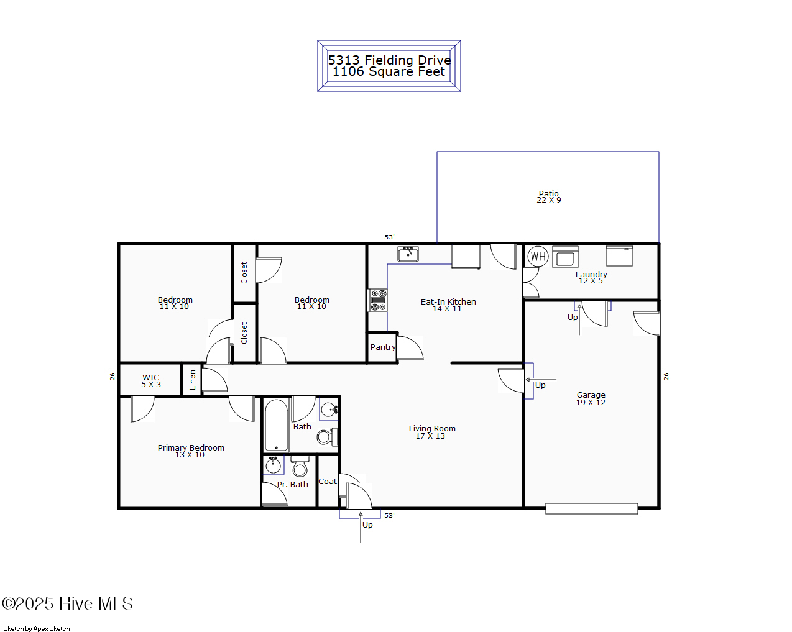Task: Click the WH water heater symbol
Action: point(538,256)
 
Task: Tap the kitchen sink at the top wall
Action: point(408,254)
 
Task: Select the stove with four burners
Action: point(378,300)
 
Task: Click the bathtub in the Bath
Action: point(276,426)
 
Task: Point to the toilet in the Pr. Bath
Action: point(300,467)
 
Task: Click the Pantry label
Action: point(382,347)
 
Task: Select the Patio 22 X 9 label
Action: point(549,196)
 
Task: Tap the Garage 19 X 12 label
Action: point(591,398)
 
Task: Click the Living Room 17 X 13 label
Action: point(431,432)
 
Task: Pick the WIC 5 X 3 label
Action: point(150,381)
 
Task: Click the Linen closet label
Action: point(193,380)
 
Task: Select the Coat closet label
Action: point(327,482)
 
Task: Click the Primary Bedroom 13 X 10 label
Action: point(190,451)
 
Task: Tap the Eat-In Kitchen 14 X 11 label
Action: point(448,305)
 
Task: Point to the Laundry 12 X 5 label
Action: point(591,277)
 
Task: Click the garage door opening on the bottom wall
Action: point(591,508)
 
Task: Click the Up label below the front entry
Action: point(367,525)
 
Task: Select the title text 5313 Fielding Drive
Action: point(389,60)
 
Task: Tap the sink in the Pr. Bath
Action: point(273,465)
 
